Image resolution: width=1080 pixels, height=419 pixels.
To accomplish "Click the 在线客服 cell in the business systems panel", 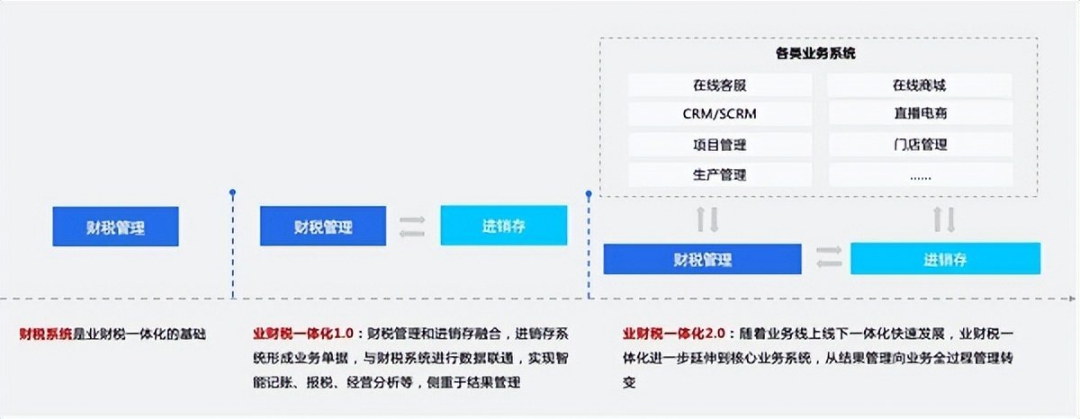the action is click(x=720, y=85).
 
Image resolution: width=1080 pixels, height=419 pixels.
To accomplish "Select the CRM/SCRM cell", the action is click(x=720, y=114).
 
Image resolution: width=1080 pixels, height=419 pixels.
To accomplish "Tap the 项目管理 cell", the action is click(x=720, y=145).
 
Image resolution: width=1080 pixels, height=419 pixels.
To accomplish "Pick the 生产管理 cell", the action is click(x=720, y=174).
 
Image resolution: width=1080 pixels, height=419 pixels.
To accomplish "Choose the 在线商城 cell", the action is click(x=920, y=85).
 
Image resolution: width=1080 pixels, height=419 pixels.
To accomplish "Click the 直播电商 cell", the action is click(x=920, y=114).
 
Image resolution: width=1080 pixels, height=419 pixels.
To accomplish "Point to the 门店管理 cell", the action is click(x=920, y=145).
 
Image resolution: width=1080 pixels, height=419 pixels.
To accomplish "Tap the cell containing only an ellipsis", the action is click(x=920, y=174).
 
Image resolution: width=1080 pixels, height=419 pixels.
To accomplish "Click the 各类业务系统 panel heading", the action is click(x=815, y=53).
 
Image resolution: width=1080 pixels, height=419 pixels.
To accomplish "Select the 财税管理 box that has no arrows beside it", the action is click(x=116, y=227).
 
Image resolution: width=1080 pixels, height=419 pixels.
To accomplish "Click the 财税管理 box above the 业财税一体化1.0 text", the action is click(x=323, y=226).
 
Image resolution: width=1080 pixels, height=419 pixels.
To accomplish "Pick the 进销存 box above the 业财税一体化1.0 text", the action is click(x=504, y=226).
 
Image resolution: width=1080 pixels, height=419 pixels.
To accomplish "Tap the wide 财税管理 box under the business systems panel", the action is click(x=703, y=259).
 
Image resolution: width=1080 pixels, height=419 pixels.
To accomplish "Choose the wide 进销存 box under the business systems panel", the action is click(x=946, y=259).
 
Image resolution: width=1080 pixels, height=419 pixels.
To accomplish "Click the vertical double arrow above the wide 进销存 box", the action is click(x=944, y=219).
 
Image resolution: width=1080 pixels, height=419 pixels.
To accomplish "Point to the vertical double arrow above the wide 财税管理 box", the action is click(x=707, y=219).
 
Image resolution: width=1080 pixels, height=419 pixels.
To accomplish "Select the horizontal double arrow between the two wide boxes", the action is click(x=829, y=257).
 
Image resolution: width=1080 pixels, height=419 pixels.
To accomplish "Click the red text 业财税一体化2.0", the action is click(x=674, y=334).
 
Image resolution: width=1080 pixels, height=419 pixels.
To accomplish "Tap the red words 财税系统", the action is click(x=46, y=334).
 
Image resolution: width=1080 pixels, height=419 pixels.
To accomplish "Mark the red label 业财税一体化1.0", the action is click(x=304, y=334).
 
